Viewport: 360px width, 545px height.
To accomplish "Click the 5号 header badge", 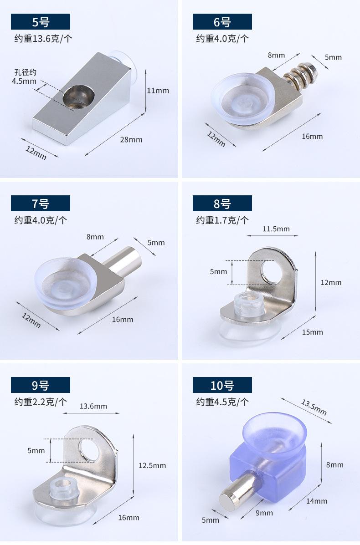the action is click(x=41, y=21).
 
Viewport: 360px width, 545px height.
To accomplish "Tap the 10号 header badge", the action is click(x=222, y=385).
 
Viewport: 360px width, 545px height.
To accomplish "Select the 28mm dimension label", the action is click(x=131, y=139).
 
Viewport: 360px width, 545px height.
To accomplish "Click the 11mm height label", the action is click(x=158, y=90).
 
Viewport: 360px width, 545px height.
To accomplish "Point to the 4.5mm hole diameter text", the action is click(x=24, y=81).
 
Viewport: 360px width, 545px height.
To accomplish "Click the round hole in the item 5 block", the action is click(x=79, y=96).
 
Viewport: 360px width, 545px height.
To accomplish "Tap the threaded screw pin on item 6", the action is click(x=301, y=76).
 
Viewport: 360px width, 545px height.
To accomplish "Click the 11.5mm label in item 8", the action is click(x=276, y=229).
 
